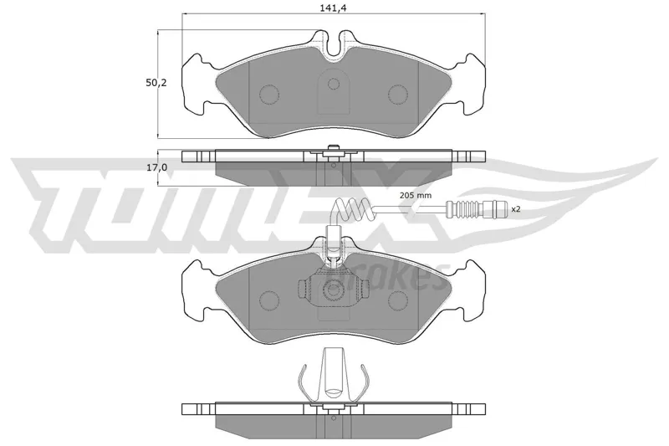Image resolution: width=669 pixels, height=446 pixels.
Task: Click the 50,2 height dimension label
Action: (x=156, y=83)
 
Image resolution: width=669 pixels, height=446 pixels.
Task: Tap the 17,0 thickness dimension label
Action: (x=157, y=167)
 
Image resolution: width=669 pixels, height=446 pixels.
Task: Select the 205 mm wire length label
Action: (x=416, y=196)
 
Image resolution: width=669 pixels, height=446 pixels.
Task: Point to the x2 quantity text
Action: (x=516, y=209)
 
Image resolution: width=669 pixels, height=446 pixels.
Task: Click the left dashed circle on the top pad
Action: (x=269, y=94)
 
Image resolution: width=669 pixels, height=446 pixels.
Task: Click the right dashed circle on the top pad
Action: (x=398, y=94)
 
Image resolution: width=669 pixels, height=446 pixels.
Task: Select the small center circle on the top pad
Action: (x=334, y=84)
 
